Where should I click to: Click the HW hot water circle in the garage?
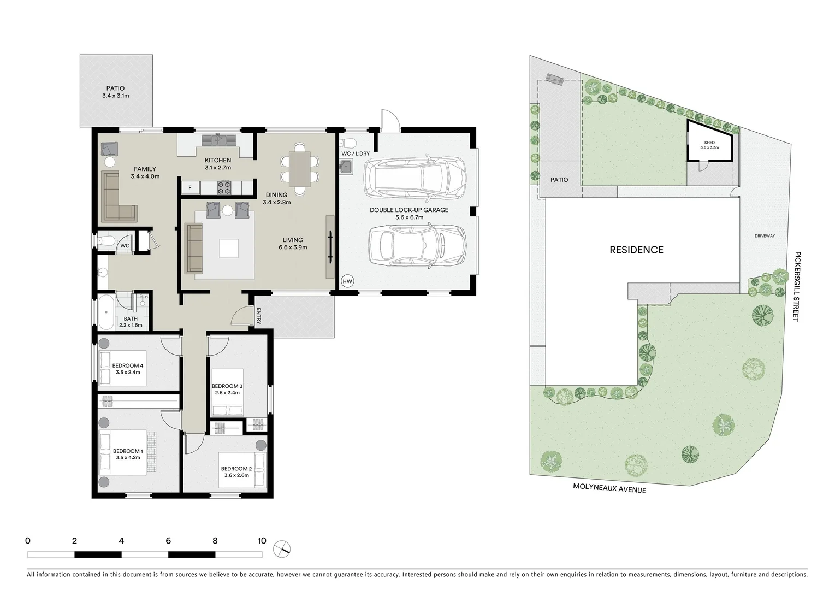tap(347, 281)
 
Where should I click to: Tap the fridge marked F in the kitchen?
tap(190, 188)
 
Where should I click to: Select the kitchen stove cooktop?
tap(224, 188)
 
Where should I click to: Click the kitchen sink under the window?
tap(218, 140)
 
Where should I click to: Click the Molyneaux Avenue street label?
tap(609, 488)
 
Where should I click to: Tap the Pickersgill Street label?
tap(797, 286)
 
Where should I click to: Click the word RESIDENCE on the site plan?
tap(636, 250)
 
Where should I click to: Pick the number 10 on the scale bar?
tap(262, 541)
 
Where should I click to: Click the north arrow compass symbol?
tap(282, 548)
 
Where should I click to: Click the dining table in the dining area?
tap(299, 169)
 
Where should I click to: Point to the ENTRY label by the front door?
tap(259, 316)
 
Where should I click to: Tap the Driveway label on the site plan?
tap(765, 236)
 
